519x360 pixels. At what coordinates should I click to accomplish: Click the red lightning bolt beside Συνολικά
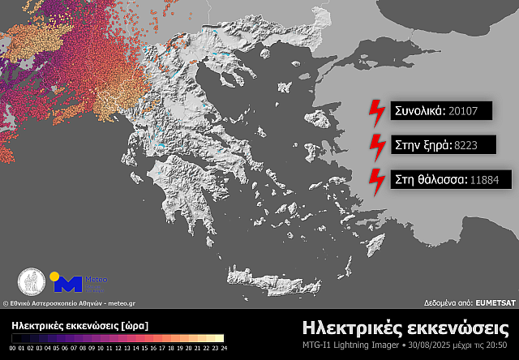(x=377, y=112)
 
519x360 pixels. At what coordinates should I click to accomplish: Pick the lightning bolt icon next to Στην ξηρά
(x=377, y=147)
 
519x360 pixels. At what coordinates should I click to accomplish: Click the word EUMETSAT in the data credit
(x=495, y=302)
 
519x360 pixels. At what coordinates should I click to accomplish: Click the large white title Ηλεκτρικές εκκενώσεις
(x=405, y=328)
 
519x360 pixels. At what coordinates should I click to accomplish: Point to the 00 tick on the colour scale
(x=13, y=347)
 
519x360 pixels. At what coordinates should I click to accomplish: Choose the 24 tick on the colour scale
(x=222, y=347)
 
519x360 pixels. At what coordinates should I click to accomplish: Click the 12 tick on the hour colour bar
(x=118, y=347)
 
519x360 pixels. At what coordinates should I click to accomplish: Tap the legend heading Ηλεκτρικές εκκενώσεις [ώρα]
(x=79, y=324)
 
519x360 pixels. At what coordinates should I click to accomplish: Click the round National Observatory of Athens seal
(x=32, y=282)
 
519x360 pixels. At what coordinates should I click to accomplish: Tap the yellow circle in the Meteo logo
(x=55, y=276)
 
